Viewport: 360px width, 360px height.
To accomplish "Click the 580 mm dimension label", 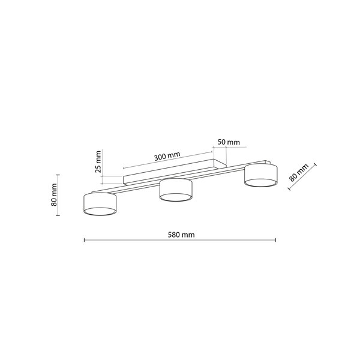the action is coord(181,235).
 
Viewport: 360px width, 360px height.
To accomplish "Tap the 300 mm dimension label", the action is coord(167,157).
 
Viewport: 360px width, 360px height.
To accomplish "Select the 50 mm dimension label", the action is coord(229,142).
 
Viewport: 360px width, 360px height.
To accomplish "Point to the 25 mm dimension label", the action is coord(98,161).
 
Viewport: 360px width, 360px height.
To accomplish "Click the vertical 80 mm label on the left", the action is coord(54,194).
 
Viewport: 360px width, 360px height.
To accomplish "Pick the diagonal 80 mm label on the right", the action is coord(299,173).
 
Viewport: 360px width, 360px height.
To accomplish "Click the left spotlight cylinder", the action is coord(100,204).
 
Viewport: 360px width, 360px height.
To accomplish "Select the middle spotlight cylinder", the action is coord(176,190).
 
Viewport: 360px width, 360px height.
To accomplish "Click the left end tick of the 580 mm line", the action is coord(85,240).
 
